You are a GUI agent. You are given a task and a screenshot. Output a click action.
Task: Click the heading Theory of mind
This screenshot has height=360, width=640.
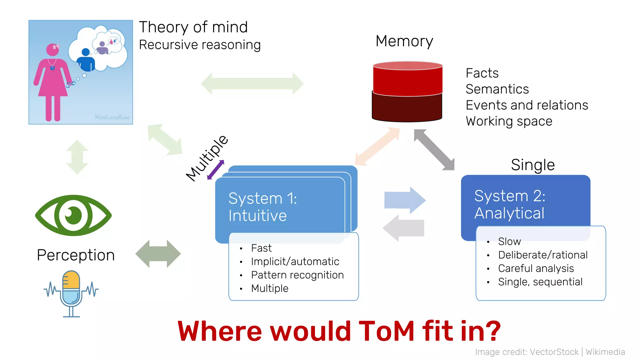pos(193,27)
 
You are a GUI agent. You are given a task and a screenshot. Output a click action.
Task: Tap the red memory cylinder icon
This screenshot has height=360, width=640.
pos(407,91)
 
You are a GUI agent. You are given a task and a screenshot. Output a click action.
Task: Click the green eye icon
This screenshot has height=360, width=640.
pos(73,215)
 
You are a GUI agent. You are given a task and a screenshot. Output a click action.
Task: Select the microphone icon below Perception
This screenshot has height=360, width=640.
pos(71,293)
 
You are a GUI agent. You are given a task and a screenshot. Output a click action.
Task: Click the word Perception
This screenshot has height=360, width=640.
pos(76,255)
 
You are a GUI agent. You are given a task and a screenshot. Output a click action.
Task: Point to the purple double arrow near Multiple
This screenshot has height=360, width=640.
pos(216,170)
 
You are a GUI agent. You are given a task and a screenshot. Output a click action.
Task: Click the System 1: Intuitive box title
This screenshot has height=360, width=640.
pos(262,207)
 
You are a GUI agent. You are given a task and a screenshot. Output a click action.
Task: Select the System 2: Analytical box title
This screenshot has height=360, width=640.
pos(509,204)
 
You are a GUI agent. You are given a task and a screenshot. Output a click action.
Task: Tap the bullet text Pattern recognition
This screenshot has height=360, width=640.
pos(297,275)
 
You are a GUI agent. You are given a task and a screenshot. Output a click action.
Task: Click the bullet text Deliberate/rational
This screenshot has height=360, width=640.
pos(542,255)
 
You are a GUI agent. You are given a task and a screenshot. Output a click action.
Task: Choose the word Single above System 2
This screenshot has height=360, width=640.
pos(532,165)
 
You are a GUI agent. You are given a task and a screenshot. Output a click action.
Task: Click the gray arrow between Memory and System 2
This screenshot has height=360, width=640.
pos(434,150)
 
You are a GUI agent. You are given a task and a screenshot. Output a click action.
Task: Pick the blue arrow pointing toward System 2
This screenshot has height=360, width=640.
pos(405,200)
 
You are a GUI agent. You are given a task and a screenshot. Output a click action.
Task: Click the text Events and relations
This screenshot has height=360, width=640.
pos(527,105)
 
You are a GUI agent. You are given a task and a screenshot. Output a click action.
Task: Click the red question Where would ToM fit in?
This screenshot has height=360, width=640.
pos(339,331)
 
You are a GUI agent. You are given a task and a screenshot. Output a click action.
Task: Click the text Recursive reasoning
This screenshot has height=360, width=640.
pos(199,45)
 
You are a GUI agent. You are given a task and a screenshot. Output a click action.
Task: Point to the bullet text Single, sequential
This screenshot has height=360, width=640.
pos(540,282)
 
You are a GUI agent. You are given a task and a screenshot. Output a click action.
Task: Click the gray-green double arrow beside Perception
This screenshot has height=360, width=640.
pos(158,254)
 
